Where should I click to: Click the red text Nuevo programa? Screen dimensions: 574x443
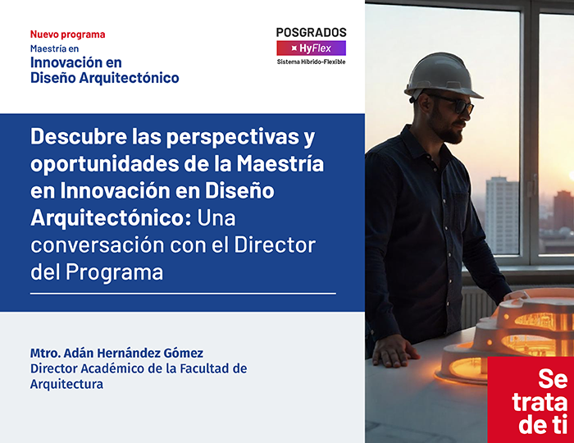68,34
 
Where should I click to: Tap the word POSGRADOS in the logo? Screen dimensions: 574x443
311,33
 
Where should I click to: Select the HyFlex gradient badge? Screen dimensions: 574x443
311,48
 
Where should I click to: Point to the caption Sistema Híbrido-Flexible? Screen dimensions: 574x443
311,62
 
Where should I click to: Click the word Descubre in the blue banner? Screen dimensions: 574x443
79,136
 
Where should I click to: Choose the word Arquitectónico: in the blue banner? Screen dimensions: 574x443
111,218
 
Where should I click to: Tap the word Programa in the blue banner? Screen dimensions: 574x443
114,272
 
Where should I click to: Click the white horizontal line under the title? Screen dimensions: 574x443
183,293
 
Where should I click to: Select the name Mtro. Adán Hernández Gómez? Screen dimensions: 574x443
116,353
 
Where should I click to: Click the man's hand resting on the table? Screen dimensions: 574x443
394,351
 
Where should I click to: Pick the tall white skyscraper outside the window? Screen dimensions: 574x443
502,215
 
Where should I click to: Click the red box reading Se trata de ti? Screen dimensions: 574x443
531,400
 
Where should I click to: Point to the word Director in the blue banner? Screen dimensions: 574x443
275,245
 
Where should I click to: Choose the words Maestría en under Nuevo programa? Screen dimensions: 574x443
55,48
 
